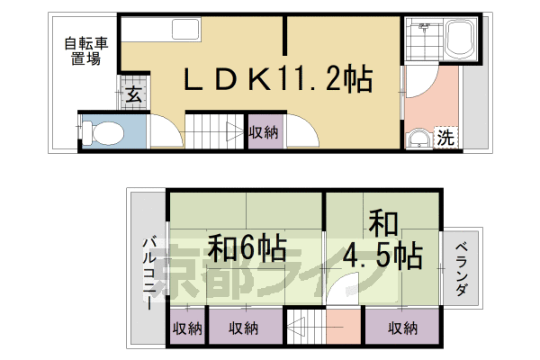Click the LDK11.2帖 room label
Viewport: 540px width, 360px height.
coord(278,82)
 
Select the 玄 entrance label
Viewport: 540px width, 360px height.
coord(132,93)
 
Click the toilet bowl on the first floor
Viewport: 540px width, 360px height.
coord(105,133)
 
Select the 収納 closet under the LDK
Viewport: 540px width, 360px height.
coord(264,132)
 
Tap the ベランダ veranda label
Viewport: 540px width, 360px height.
coord(460,271)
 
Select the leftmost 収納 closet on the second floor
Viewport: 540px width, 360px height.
coord(187,328)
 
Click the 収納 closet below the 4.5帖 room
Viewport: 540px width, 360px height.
coord(403,328)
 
